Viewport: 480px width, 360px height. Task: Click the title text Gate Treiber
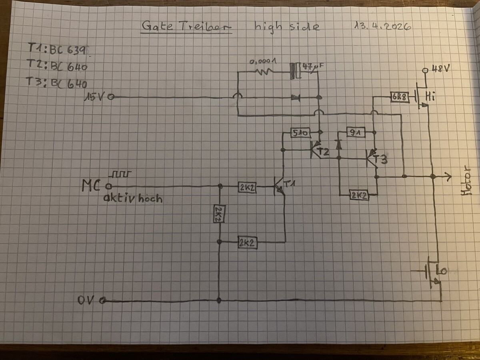coord(186,27)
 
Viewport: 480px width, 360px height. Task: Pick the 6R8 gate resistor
coord(400,97)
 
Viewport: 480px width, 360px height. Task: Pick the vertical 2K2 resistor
coord(218,214)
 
